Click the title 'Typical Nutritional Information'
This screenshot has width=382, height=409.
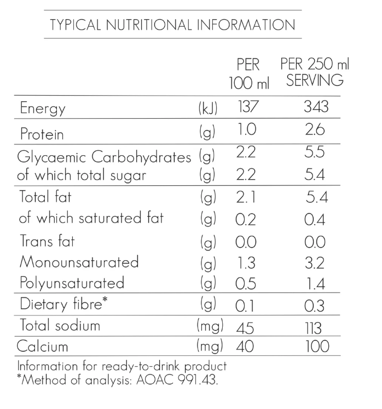click(x=172, y=25)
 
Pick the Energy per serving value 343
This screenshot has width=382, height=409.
click(x=316, y=107)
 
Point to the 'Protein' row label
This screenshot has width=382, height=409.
click(x=42, y=133)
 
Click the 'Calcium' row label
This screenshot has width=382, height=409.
click(x=43, y=347)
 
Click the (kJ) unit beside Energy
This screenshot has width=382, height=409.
click(x=207, y=108)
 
